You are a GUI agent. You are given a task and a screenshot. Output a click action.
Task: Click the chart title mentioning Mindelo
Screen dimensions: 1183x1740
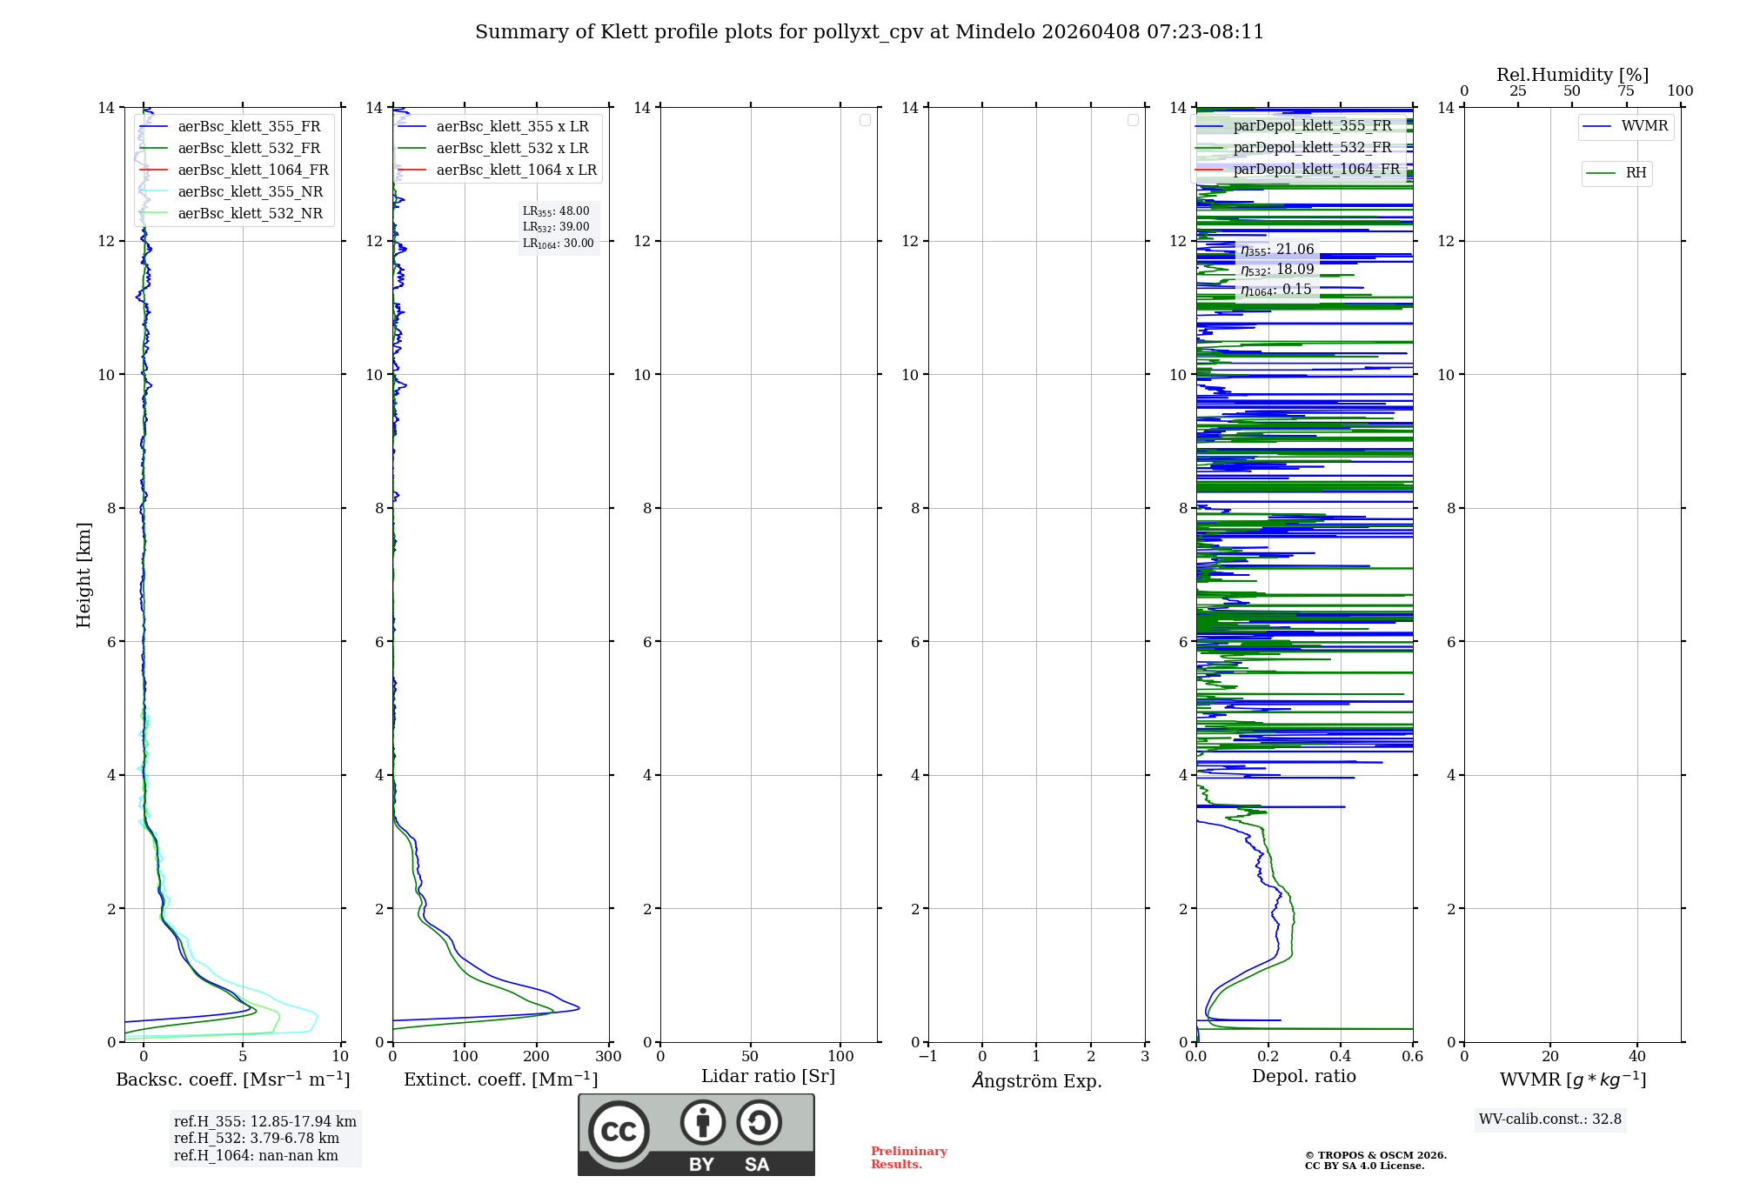click(x=869, y=32)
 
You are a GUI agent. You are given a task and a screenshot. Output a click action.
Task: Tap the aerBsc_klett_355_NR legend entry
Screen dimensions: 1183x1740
click(x=250, y=192)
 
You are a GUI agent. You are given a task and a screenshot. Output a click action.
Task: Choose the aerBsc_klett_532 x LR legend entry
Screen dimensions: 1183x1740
click(x=512, y=149)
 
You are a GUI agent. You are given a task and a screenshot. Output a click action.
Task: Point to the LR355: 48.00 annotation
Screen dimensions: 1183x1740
click(x=556, y=211)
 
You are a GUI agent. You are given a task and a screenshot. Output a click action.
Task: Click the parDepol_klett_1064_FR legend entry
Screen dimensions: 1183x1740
click(x=1315, y=170)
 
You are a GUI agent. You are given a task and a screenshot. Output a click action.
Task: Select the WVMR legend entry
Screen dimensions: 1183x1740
click(x=1643, y=126)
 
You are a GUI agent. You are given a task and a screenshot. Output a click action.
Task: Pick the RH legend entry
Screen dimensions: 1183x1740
click(x=1635, y=173)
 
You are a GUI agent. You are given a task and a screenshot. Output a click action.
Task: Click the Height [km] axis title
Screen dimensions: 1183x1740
click(x=84, y=575)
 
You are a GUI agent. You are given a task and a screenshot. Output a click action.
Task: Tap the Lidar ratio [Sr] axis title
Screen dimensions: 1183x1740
click(x=768, y=1077)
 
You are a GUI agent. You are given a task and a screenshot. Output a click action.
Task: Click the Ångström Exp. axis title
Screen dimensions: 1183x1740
click(x=1036, y=1080)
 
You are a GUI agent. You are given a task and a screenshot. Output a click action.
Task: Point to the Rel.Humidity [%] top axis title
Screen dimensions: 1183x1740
click(x=1572, y=75)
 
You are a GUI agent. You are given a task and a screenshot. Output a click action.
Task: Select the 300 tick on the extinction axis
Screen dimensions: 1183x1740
click(x=608, y=1057)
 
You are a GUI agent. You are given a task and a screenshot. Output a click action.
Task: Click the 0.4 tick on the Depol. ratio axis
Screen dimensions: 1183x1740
click(x=1341, y=1057)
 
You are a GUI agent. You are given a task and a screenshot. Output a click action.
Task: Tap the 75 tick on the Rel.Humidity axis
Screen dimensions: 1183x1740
click(x=1625, y=91)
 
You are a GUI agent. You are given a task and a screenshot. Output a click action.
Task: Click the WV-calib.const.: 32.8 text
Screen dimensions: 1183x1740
click(x=1549, y=1120)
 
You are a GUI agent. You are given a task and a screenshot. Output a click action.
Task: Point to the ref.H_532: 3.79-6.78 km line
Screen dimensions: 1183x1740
click(x=256, y=1139)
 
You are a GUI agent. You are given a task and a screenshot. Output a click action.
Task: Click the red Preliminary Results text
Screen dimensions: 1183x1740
click(x=908, y=1158)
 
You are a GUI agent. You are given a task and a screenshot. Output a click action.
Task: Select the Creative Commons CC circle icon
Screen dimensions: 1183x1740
click(x=619, y=1132)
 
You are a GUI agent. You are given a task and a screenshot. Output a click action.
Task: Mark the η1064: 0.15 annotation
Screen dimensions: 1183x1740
click(x=1275, y=290)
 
